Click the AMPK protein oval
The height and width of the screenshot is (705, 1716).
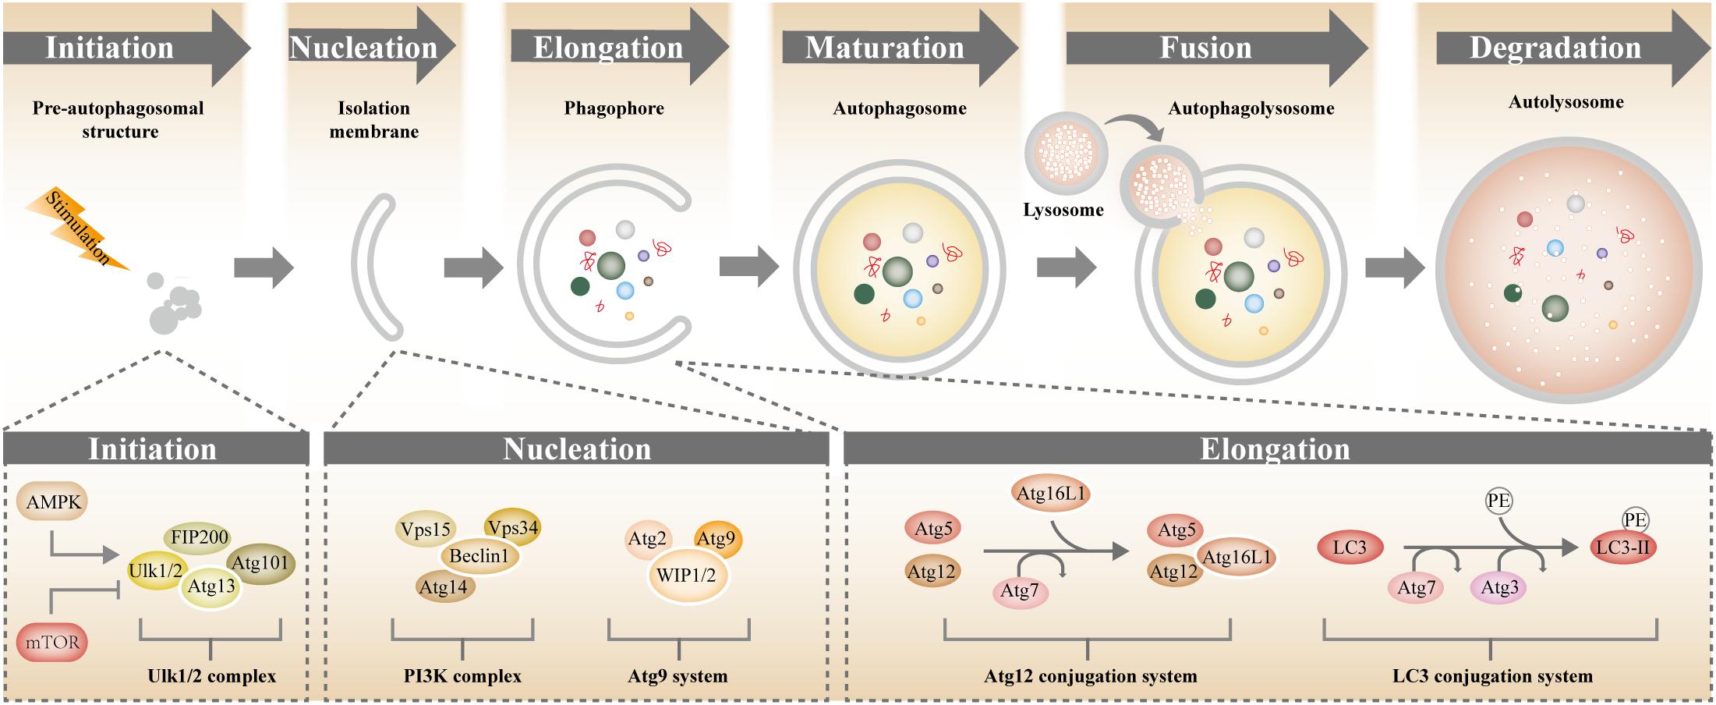pos(53,501)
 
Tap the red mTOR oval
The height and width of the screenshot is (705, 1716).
pos(51,643)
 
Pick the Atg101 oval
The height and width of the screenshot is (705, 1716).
pos(260,563)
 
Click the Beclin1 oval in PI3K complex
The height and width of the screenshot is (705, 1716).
pos(479,556)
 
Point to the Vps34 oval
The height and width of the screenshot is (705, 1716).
pos(513,528)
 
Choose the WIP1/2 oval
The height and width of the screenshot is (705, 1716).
pos(686,576)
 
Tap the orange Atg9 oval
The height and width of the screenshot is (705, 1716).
pos(716,538)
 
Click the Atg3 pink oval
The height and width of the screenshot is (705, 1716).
pos(1498,588)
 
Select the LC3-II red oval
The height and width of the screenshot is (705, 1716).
pos(1622,547)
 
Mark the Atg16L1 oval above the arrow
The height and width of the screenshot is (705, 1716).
pos(1051,493)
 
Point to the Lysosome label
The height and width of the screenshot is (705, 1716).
pos(1063,210)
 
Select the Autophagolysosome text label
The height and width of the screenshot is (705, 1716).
pos(1251,108)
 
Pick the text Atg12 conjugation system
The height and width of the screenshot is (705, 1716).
pos(1090,676)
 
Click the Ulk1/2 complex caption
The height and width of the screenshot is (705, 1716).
pos(211,676)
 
